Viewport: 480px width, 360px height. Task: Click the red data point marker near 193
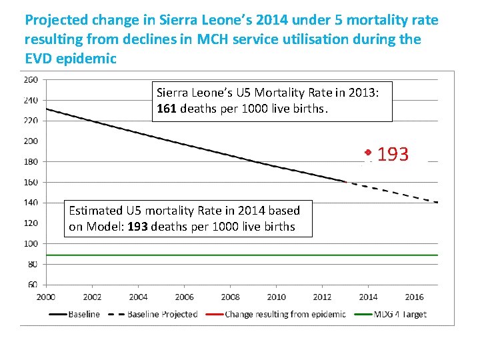coord(367,152)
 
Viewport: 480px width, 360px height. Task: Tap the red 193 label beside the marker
coord(393,155)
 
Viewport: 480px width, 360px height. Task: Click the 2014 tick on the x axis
coord(368,297)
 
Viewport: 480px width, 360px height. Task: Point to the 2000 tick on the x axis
coord(45,297)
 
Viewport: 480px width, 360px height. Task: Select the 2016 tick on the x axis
coord(414,297)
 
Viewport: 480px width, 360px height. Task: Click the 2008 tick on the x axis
coord(230,297)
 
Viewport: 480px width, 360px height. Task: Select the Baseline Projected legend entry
coord(162,314)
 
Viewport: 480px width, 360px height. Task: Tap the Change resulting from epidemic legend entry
coord(285,314)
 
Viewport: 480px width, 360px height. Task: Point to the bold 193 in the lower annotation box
coord(138,226)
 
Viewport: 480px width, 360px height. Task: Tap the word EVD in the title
coord(40,58)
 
